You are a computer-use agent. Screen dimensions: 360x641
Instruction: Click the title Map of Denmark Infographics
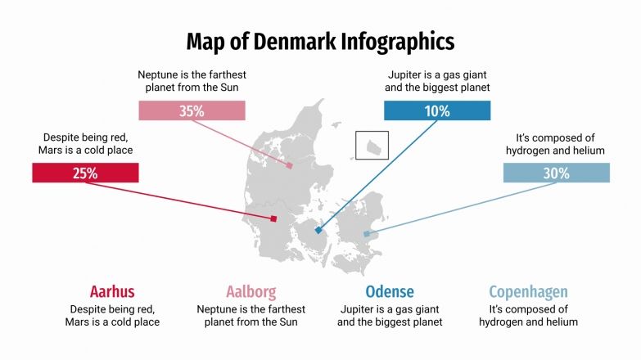(x=320, y=41)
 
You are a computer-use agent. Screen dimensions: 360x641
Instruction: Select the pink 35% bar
(x=192, y=110)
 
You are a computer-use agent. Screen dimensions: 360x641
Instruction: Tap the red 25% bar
(x=85, y=173)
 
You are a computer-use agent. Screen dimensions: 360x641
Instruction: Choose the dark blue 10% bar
(x=437, y=110)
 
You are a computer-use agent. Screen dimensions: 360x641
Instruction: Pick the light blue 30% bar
(x=556, y=173)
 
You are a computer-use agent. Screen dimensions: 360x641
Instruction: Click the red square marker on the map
(x=273, y=218)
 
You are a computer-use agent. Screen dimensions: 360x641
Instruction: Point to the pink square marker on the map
(x=290, y=165)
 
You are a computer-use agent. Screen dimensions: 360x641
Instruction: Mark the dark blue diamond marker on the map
(x=318, y=231)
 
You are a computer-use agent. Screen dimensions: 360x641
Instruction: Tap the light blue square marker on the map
(x=367, y=234)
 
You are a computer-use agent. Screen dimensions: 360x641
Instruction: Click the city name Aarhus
(x=112, y=292)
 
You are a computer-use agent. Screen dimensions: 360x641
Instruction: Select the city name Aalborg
(x=251, y=292)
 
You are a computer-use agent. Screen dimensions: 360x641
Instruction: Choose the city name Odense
(x=390, y=292)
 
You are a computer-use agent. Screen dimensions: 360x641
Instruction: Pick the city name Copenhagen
(x=528, y=292)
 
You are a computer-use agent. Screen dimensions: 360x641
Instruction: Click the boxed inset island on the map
(x=372, y=146)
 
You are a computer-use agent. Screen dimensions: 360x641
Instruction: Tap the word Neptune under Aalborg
(x=219, y=309)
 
